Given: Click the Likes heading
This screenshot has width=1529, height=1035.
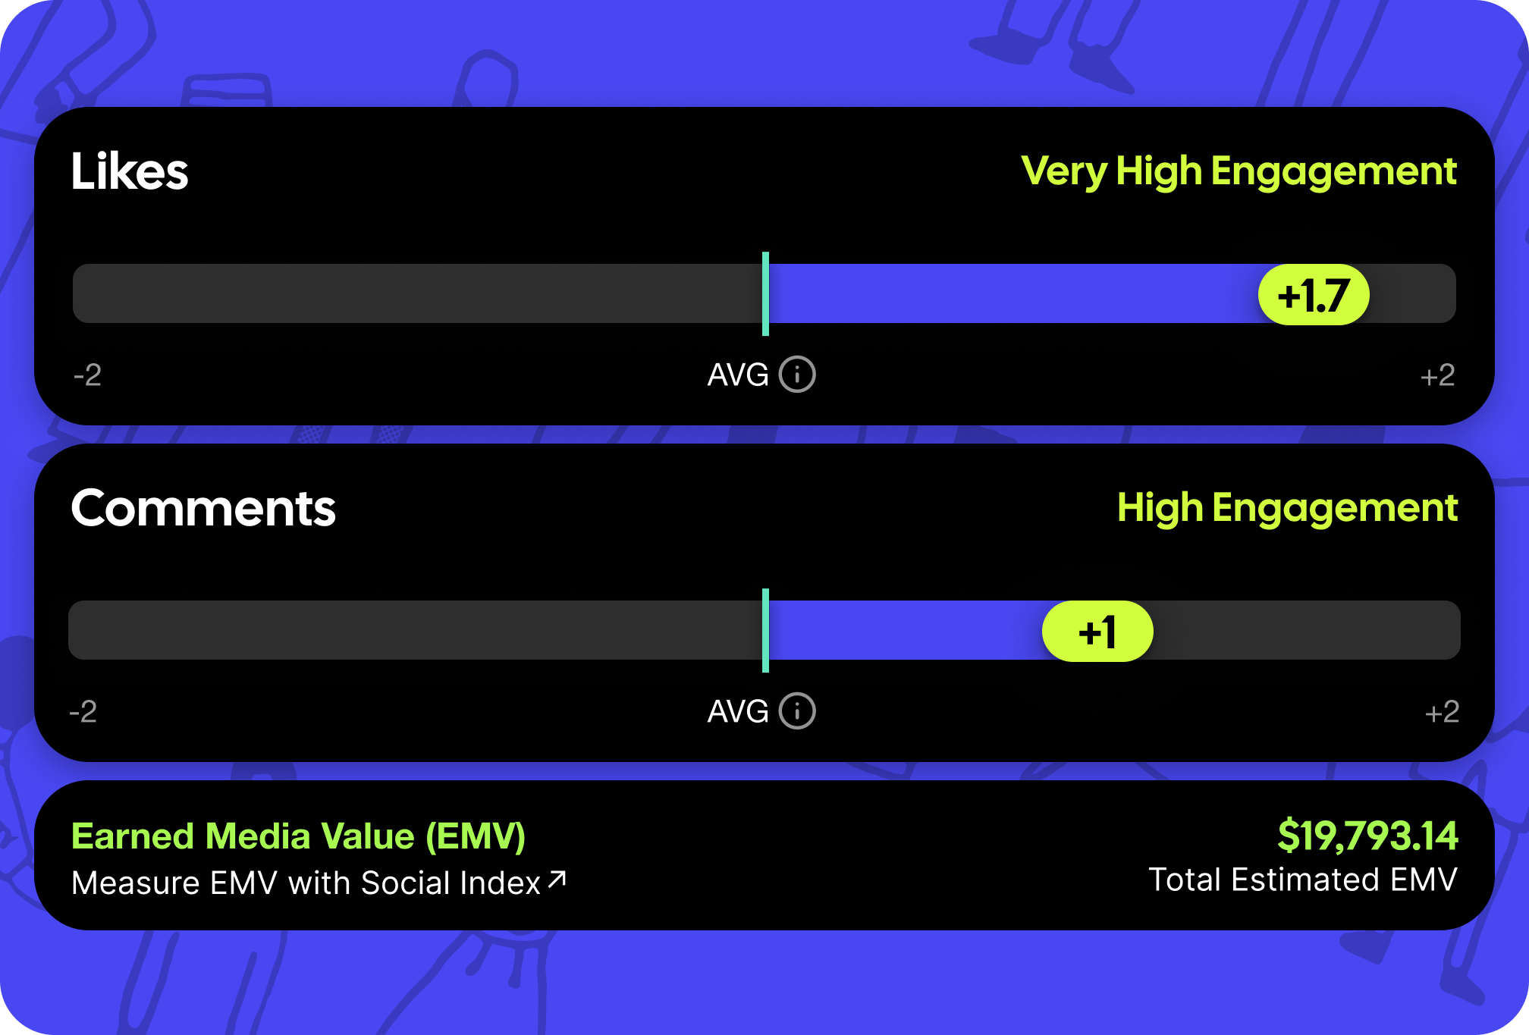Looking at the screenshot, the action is click(x=130, y=171).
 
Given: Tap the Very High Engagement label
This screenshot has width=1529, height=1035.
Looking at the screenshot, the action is click(x=1239, y=172).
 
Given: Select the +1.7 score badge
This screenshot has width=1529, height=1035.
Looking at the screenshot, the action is click(x=1314, y=294).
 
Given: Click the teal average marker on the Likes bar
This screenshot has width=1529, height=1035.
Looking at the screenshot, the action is click(x=765, y=293).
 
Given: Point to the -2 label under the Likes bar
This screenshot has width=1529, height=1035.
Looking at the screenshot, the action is click(x=87, y=375).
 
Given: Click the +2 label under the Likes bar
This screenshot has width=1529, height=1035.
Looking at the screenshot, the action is click(x=1437, y=375).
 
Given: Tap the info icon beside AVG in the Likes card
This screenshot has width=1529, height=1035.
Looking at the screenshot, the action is click(x=797, y=375).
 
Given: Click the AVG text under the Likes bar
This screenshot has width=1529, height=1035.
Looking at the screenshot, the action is click(x=738, y=375).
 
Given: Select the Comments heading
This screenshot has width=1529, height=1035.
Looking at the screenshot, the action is click(x=203, y=508).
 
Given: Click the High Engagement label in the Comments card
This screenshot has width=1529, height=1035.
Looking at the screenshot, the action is click(x=1287, y=509).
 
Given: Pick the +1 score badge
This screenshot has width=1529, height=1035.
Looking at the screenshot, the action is click(x=1097, y=631).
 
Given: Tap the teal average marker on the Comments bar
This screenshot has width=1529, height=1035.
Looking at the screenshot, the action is click(x=765, y=630).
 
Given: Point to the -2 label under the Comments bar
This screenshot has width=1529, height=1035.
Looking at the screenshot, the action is click(x=83, y=712).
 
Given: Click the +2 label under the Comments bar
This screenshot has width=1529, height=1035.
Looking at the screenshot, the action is click(x=1442, y=712).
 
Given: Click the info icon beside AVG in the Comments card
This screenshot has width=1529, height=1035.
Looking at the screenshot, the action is click(x=797, y=711).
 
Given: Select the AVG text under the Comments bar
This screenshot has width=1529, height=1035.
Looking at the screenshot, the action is click(x=738, y=711).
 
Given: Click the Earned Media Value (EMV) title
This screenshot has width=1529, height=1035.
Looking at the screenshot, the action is click(x=298, y=837).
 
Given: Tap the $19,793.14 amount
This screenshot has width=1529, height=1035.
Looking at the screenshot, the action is click(x=1367, y=836).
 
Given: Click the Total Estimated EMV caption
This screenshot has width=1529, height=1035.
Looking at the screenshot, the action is click(x=1303, y=880).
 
